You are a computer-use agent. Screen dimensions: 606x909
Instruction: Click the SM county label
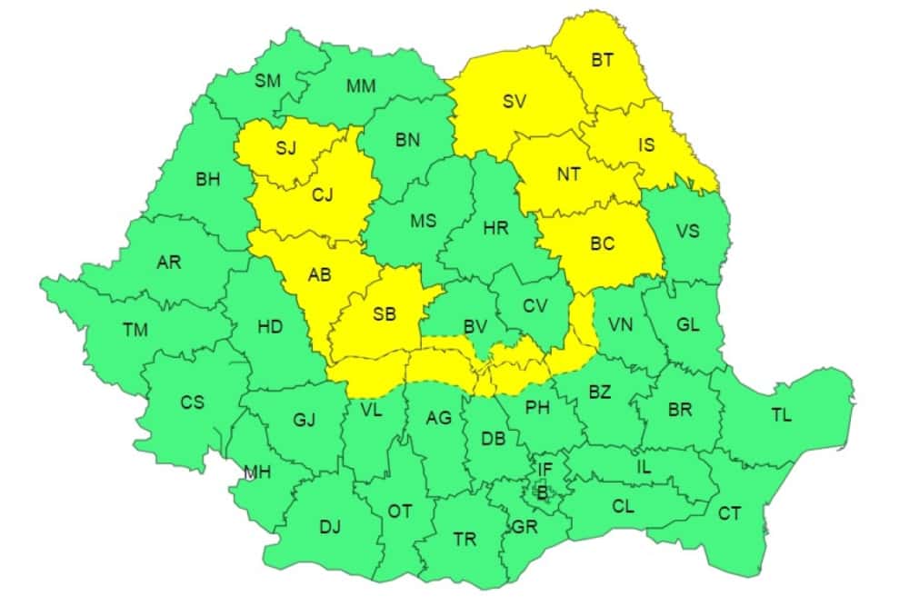point(267,81)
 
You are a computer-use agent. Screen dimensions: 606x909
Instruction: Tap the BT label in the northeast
point(603,60)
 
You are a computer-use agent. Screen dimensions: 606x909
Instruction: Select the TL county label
point(781,415)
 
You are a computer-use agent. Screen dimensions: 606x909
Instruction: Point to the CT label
point(729,513)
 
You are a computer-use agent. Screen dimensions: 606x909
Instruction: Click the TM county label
point(135,330)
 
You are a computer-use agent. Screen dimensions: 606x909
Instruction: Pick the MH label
point(257,472)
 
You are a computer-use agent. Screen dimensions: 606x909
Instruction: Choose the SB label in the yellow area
point(385,314)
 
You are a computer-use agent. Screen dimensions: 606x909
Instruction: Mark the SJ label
point(285,148)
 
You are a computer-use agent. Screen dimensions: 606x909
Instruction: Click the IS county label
point(645,144)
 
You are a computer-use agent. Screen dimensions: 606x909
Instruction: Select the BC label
point(602,243)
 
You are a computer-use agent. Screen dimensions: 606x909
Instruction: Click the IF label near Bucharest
point(544,469)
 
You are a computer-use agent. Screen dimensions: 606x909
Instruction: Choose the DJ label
point(330,525)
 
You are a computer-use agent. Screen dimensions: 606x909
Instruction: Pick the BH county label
point(208,179)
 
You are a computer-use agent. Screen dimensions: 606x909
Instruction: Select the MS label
point(423,221)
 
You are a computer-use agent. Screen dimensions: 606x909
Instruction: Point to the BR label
point(680,410)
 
